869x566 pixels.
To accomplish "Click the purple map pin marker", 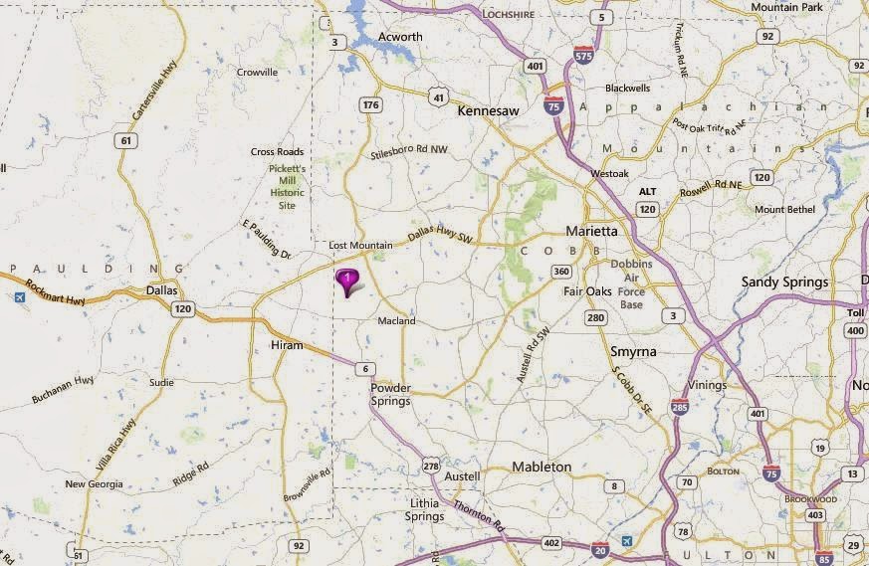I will (347, 281).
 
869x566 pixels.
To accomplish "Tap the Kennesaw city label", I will (488, 111).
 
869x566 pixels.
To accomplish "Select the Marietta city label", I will (591, 231).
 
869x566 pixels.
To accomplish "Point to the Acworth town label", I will (400, 37).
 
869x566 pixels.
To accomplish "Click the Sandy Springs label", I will (784, 283).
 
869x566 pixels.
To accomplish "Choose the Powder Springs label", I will (390, 395).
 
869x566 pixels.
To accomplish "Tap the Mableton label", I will (542, 467).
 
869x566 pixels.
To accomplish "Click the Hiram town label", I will (286, 345).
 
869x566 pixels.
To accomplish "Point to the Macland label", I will (397, 321).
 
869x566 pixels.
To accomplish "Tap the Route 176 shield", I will (371, 104).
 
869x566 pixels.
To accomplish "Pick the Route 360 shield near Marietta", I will (562, 272).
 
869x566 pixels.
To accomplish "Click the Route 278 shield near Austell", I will (430, 465).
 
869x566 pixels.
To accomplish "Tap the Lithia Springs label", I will (425, 510).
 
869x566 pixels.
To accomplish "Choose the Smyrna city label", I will (634, 352).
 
